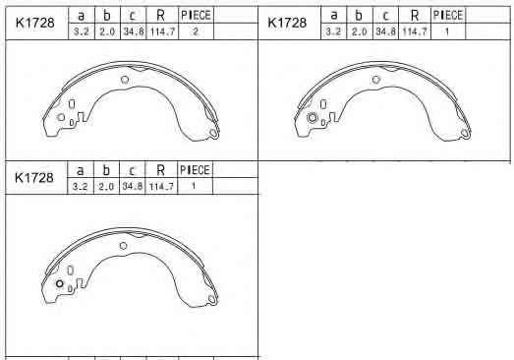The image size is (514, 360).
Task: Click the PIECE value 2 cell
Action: click(x=196, y=31)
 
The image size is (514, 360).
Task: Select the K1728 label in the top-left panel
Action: click(x=35, y=23)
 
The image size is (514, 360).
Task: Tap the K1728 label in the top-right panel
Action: click(x=287, y=23)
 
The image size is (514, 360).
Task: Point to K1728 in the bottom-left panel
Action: click(x=34, y=177)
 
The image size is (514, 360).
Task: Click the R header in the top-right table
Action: click(x=415, y=15)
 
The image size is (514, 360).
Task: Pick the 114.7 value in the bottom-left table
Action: click(x=161, y=187)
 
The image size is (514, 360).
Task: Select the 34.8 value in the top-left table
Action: click(x=134, y=31)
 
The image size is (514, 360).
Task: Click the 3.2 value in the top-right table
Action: click(x=333, y=31)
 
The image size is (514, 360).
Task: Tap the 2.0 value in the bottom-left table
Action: click(x=106, y=187)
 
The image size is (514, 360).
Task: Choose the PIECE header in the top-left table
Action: click(x=196, y=15)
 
